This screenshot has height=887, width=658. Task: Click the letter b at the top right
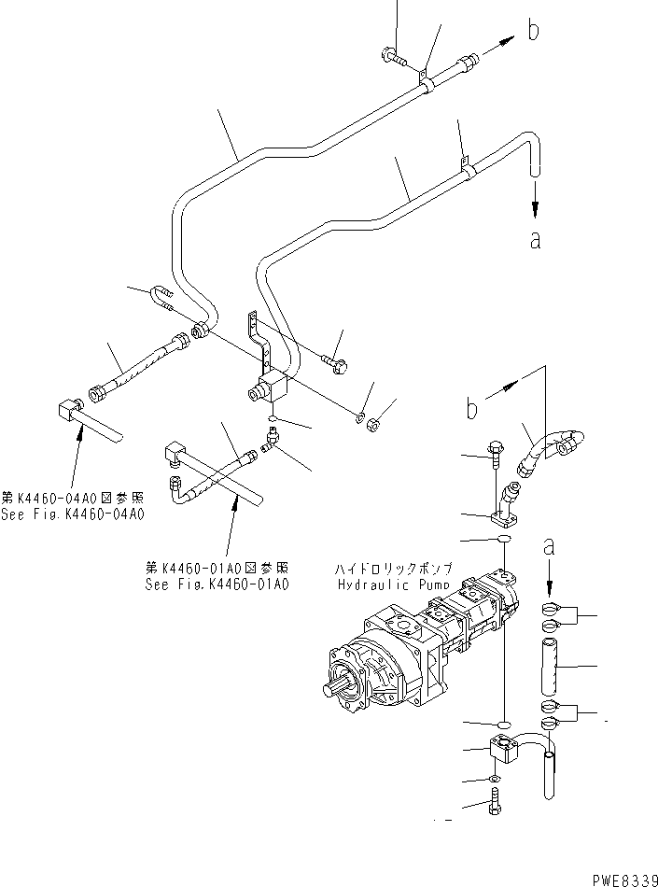click(533, 30)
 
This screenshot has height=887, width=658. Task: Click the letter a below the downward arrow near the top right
click(535, 240)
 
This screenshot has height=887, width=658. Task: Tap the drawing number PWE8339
click(623, 878)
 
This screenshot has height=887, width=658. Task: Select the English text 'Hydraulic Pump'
click(392, 584)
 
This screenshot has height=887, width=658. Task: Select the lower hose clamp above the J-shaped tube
click(551, 711)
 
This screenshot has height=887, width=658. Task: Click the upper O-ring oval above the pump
click(503, 541)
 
